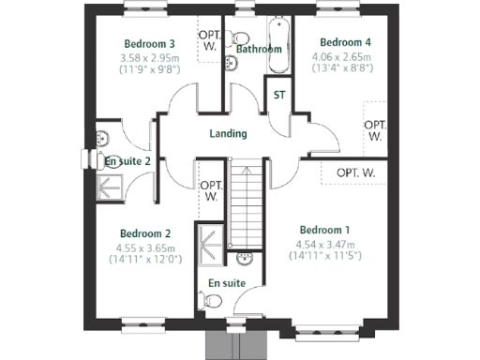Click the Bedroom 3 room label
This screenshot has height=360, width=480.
(150, 44)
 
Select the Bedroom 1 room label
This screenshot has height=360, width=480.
(324, 230)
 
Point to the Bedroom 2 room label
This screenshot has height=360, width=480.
(144, 233)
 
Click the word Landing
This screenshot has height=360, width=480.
(227, 133)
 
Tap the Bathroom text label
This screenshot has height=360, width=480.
(259, 49)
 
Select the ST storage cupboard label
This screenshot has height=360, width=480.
(279, 95)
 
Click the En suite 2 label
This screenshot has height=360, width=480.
(128, 161)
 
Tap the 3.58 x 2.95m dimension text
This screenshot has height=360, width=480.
(149, 57)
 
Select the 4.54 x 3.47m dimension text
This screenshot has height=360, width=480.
(324, 243)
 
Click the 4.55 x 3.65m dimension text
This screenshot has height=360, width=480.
(144, 247)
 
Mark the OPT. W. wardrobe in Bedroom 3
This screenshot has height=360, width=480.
(209, 41)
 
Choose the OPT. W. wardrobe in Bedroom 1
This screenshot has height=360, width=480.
(356, 172)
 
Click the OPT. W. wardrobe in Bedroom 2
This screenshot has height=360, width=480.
(210, 191)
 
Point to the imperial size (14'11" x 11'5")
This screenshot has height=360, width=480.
(324, 255)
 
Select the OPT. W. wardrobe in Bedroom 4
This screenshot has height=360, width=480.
(375, 129)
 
